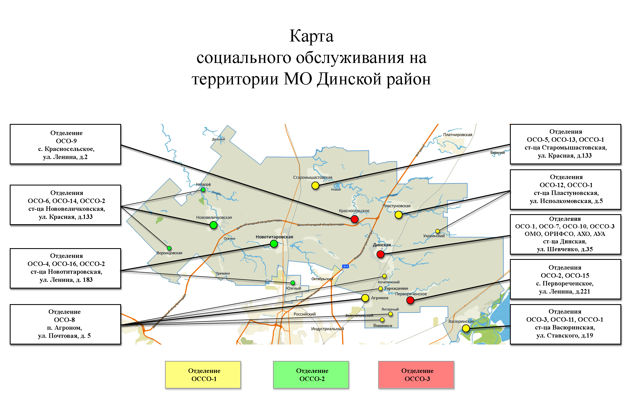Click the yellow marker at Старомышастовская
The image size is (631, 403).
click(x=315, y=185)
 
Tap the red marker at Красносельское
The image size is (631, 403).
click(x=354, y=219)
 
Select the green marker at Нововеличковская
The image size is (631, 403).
click(x=213, y=225)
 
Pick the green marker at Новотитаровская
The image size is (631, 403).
click(x=274, y=244)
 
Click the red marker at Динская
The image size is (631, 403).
click(x=380, y=254)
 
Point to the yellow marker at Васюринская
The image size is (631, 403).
click(x=466, y=329)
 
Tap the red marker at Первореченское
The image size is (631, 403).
click(x=410, y=300)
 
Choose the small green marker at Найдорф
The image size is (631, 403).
click(x=203, y=190)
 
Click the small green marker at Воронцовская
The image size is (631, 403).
click(x=169, y=248)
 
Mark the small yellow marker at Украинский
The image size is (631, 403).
click(x=438, y=231)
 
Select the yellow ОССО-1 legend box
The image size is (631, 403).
click(x=203, y=375)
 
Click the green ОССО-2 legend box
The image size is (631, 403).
click(x=311, y=375)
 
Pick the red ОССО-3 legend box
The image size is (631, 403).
click(x=416, y=375)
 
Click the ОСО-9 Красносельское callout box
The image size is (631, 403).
click(x=65, y=144)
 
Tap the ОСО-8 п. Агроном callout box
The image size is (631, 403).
click(x=65, y=324)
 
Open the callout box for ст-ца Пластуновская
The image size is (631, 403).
click(x=565, y=189)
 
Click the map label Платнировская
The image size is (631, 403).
click(x=458, y=135)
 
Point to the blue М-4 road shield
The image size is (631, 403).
click(x=345, y=267)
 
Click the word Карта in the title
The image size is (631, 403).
click(x=311, y=36)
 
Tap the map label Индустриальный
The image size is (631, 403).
click(x=327, y=329)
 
